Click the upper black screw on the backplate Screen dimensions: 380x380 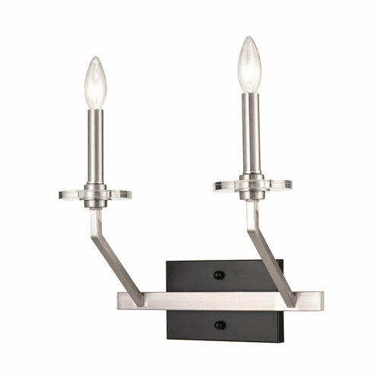click(219, 275)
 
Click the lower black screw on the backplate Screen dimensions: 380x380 click(219, 325)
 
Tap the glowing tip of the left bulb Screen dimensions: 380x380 click(95, 61)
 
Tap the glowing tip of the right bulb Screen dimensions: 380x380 click(248, 40)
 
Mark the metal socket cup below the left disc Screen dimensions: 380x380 click(95, 204)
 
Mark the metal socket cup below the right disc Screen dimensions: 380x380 click(252, 195)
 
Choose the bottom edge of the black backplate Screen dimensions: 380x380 click(224, 340)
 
